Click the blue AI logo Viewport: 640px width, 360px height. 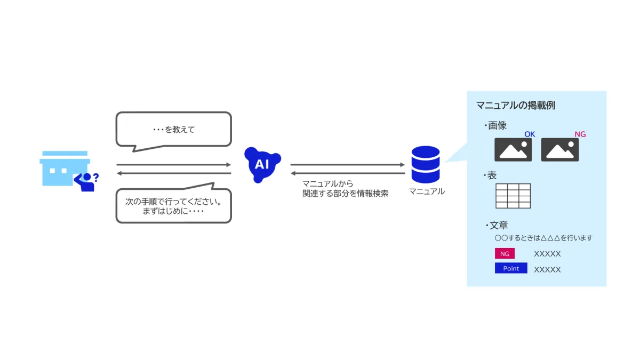pos(262,164)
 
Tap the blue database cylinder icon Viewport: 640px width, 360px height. pos(426,165)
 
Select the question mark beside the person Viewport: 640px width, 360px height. pos(96,178)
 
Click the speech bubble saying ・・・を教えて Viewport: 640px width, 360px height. pos(174,129)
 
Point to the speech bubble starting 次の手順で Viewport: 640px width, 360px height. pos(174,206)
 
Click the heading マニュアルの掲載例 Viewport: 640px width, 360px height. pos(516,106)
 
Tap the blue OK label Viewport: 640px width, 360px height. pos(530,134)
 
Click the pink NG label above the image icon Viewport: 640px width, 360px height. pos(580,134)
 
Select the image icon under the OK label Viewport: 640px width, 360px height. pos(513,150)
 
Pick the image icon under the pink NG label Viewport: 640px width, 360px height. pos(560,150)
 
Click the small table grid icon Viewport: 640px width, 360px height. pos(513,196)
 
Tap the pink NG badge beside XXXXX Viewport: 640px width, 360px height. pos(505,254)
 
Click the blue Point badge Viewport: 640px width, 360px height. pos(511,268)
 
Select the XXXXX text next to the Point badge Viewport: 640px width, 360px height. pos(547,269)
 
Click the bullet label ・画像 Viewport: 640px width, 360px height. pos(495,125)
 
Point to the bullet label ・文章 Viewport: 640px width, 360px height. pos(497,225)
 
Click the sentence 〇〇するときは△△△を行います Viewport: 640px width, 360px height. pos(543,238)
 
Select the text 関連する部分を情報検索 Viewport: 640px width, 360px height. pos(346,194)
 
